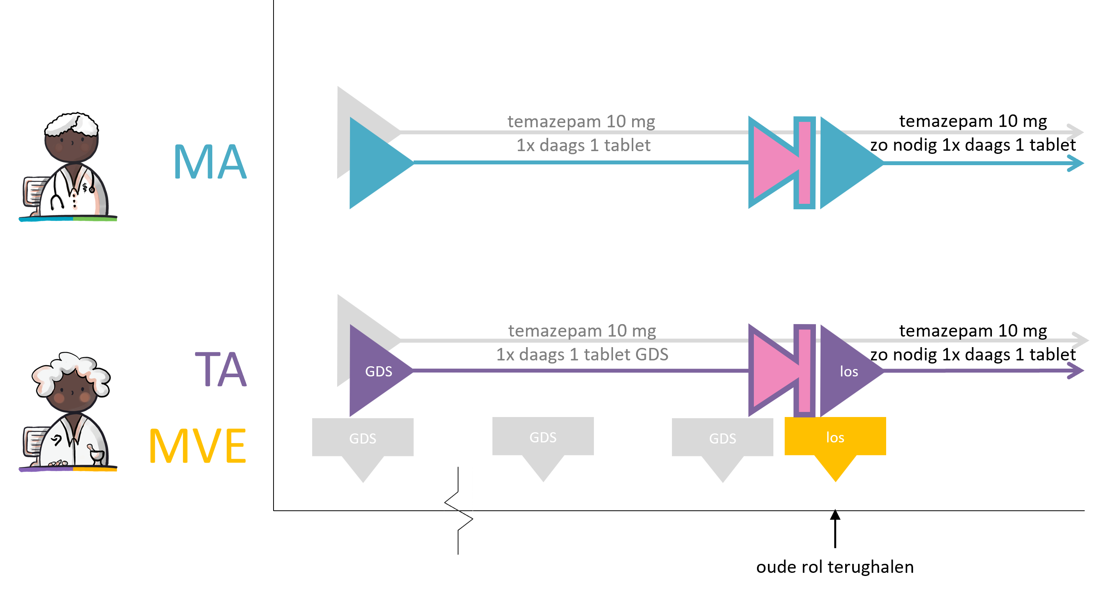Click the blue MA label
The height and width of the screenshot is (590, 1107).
tap(210, 161)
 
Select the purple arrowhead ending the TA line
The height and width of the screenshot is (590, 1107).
tap(1077, 371)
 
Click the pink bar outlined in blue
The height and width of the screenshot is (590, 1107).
tap(805, 162)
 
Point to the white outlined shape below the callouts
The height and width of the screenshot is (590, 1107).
tap(458, 510)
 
